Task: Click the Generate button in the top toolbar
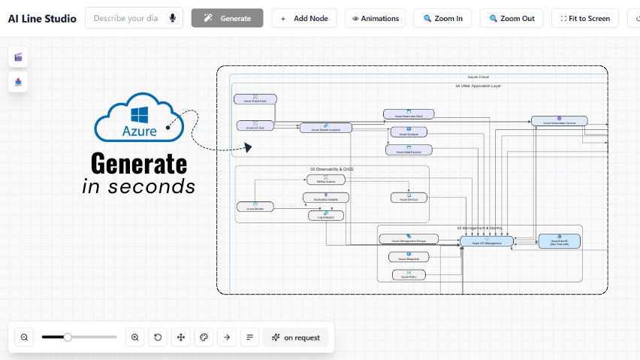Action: click(227, 18)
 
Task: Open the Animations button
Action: click(375, 18)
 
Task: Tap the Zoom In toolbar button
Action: click(443, 18)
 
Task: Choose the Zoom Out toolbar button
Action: click(511, 18)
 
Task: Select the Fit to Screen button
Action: click(585, 18)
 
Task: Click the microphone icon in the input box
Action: click(172, 18)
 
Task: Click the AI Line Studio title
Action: click(41, 18)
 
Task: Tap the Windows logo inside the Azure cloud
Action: click(140, 114)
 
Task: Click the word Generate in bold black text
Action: click(139, 163)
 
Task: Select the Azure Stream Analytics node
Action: click(325, 129)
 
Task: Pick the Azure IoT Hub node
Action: click(255, 126)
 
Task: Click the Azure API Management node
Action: click(486, 241)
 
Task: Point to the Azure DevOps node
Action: click(409, 198)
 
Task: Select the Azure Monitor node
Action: click(255, 207)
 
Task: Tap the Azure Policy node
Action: click(409, 275)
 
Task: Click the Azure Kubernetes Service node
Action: click(559, 121)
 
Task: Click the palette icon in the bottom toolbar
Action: click(204, 337)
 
